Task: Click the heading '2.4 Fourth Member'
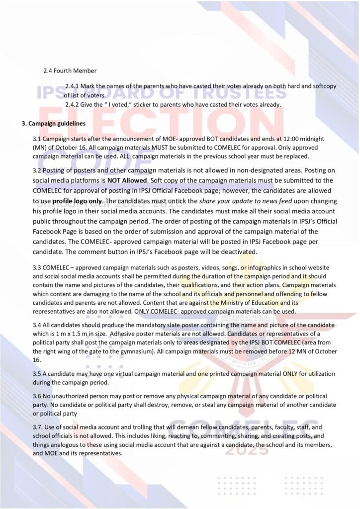[70, 71]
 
